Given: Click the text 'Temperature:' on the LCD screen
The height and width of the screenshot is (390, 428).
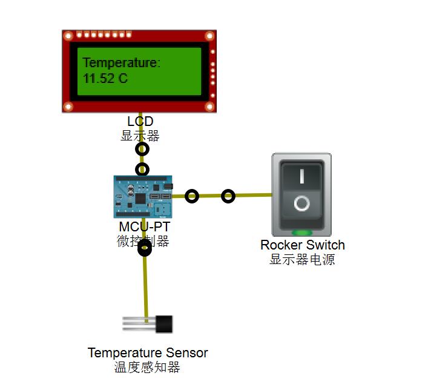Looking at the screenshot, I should (121, 62).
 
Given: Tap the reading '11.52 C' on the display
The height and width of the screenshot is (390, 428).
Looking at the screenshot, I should (105, 79).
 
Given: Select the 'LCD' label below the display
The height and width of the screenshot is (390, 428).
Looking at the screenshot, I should (140, 122).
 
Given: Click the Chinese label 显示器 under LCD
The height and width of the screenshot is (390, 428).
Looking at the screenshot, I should (140, 136).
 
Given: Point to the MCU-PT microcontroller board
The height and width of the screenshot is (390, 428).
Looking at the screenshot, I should (143, 197).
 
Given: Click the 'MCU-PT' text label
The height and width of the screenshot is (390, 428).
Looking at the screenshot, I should (144, 227).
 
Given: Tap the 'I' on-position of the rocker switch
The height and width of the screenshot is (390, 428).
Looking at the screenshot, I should (301, 176).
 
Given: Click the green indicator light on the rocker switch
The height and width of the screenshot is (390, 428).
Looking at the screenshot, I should (301, 233).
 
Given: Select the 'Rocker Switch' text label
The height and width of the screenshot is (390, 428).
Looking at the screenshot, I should (302, 245).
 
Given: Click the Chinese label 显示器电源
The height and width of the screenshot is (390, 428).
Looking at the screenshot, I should (302, 260).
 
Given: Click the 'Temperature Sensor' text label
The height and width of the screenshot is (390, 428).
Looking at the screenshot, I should (148, 353).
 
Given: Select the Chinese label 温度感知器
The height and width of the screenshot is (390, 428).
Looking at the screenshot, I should (147, 367).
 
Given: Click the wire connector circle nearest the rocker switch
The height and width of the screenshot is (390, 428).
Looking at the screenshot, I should (228, 196).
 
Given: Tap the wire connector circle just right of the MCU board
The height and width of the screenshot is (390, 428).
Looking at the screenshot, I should (192, 196).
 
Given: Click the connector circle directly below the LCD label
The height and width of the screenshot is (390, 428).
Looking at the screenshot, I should (142, 149).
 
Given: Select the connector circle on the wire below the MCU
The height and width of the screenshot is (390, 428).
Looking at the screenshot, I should (144, 248).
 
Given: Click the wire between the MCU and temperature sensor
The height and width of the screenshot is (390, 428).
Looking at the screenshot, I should (145, 285).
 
